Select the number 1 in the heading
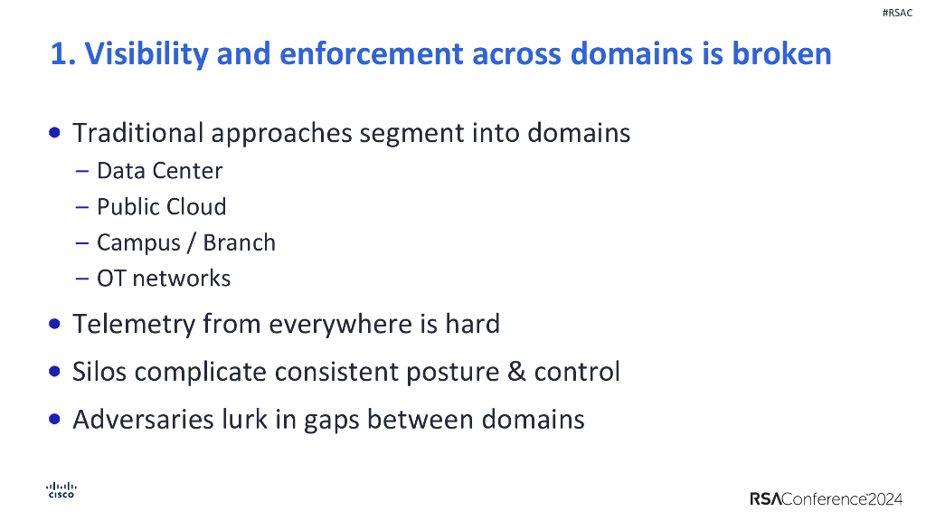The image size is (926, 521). (x=59, y=54)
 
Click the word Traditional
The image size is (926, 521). (x=137, y=133)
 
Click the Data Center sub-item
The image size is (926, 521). (x=159, y=170)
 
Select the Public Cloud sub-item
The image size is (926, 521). (x=161, y=206)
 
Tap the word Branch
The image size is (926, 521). (x=240, y=242)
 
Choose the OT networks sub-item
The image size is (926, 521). (x=164, y=278)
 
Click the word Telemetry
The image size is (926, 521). (x=132, y=324)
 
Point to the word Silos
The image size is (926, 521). (x=100, y=372)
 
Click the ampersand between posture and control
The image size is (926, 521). (x=516, y=372)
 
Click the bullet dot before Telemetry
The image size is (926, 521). (x=56, y=324)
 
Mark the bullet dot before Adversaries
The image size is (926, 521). (x=56, y=420)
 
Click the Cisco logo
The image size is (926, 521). (x=61, y=489)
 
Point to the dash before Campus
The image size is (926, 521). (x=81, y=242)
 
